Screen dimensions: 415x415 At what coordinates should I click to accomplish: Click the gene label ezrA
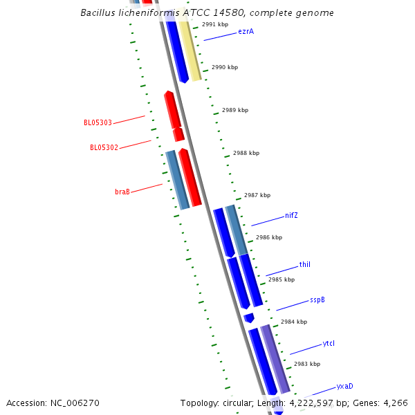point(246,31)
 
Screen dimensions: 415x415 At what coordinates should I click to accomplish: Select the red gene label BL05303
point(98,123)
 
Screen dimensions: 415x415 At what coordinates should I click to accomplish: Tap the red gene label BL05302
point(104,147)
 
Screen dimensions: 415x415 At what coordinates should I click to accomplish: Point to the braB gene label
point(122,192)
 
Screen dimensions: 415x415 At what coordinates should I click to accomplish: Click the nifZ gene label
point(291,215)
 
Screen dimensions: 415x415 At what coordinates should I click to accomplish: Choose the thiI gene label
point(304,265)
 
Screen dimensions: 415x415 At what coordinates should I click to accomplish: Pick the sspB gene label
point(317,299)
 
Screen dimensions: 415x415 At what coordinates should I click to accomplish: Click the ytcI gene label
point(329,344)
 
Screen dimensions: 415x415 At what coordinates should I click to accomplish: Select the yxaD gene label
point(344,386)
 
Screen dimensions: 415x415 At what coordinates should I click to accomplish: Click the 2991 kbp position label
point(215,24)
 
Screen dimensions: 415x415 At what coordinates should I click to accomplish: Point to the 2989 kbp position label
point(235,110)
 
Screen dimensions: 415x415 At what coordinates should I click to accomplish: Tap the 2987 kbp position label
point(257,195)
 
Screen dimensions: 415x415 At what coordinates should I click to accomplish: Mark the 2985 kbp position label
point(282,279)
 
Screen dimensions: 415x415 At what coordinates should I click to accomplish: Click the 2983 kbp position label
point(307,364)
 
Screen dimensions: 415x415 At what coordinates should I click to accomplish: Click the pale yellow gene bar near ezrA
point(190,50)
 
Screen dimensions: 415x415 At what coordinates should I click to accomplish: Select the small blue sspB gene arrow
point(249,317)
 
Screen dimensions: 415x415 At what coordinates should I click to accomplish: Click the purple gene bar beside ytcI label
point(275,358)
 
